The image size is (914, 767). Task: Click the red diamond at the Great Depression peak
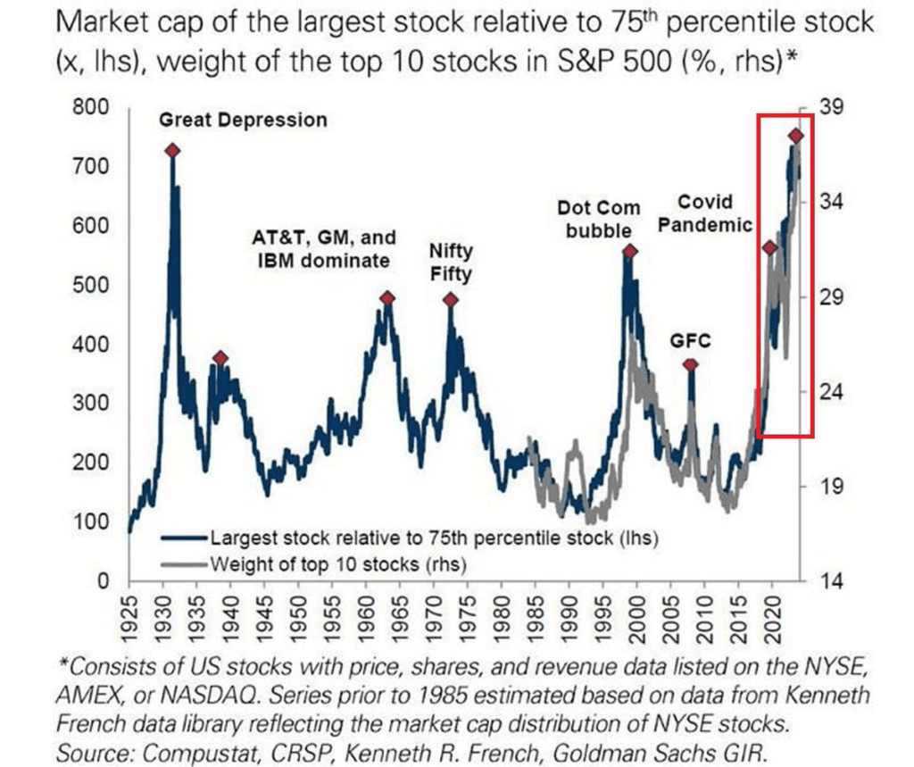[x=172, y=151]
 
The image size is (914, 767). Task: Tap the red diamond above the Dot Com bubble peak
[x=629, y=252]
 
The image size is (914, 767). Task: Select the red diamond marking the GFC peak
[x=690, y=364]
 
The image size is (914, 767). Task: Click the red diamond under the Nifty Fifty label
[x=451, y=300]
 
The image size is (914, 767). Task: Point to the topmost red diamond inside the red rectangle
[x=796, y=136]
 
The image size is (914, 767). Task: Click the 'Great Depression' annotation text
[x=244, y=120]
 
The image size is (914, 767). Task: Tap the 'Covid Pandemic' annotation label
[x=704, y=213]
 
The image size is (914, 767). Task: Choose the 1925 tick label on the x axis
[x=131, y=615]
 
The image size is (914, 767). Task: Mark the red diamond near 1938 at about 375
[x=220, y=358]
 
